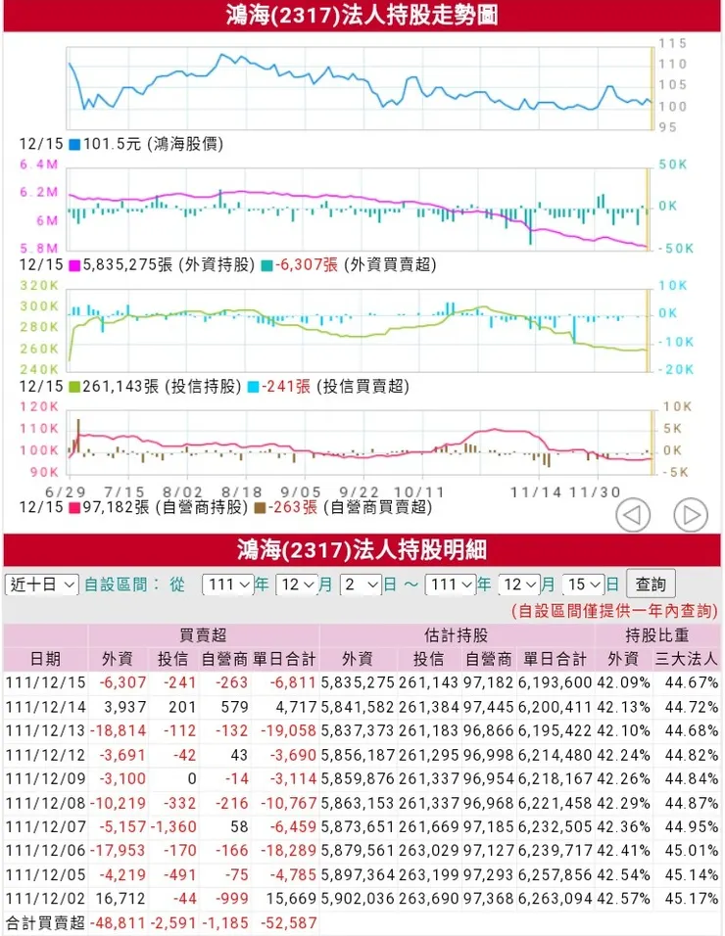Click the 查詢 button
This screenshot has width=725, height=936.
pos(651,585)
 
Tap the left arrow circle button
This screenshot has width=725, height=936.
pos(633,514)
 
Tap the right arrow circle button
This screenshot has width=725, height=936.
pos(691,514)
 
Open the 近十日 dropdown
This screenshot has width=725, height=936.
pos(42,585)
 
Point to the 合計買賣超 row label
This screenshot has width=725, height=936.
pos(45,923)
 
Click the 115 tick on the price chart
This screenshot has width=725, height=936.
pos(672,44)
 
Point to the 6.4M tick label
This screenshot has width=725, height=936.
pos(40,164)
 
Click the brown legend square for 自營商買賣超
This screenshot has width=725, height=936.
pos(260,507)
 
